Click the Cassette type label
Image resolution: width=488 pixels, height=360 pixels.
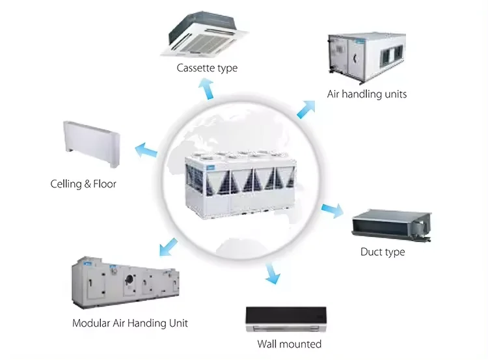tap(207, 68)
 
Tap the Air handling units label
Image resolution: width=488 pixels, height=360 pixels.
tap(366, 94)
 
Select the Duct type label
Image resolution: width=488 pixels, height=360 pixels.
tap(383, 252)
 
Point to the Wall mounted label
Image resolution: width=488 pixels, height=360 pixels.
tap(289, 344)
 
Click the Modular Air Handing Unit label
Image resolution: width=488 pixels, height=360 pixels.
tap(130, 322)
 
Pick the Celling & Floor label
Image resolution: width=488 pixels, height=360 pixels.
tap(83, 184)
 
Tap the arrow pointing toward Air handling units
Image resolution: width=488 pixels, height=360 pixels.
tap(306, 107)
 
